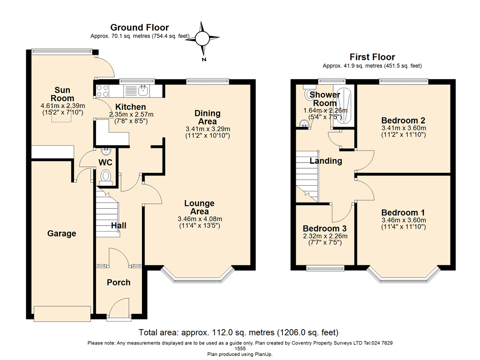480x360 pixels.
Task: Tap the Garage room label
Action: pos(61,233)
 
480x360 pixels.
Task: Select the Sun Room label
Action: pos(62,94)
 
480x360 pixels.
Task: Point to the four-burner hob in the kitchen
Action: pos(103,91)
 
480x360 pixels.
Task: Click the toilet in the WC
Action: pos(106,177)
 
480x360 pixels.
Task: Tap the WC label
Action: pos(105,162)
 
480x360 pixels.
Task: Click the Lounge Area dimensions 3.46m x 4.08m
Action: pos(200,219)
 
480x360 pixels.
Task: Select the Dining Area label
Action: pos(208,117)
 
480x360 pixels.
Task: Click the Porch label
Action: pos(119,282)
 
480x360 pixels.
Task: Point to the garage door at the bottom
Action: pos(62,314)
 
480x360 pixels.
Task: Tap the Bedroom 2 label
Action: pos(403,120)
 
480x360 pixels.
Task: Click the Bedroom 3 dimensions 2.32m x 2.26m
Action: pos(325,236)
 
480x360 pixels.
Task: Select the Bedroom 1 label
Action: pos(403,212)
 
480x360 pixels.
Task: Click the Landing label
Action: pos(326,161)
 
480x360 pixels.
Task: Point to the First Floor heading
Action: pos(372,57)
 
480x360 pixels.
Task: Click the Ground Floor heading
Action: pos(140,28)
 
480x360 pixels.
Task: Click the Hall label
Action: pos(119,225)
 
